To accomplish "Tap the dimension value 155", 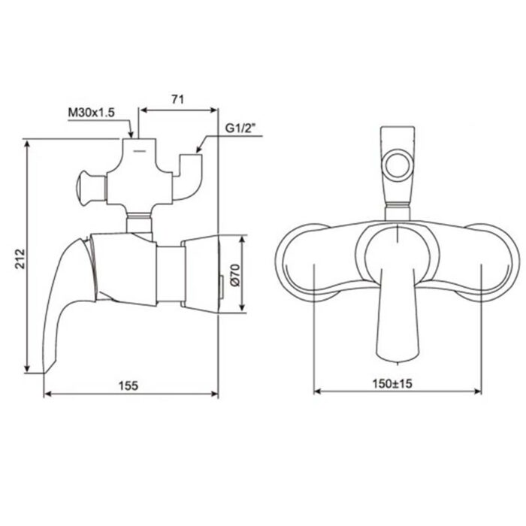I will [x=128, y=385].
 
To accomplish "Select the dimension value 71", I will [x=178, y=98].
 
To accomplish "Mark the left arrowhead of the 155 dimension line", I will [x=47, y=392].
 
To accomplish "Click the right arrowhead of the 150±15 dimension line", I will [x=478, y=391].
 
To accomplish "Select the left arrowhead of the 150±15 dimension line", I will [x=316, y=391].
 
